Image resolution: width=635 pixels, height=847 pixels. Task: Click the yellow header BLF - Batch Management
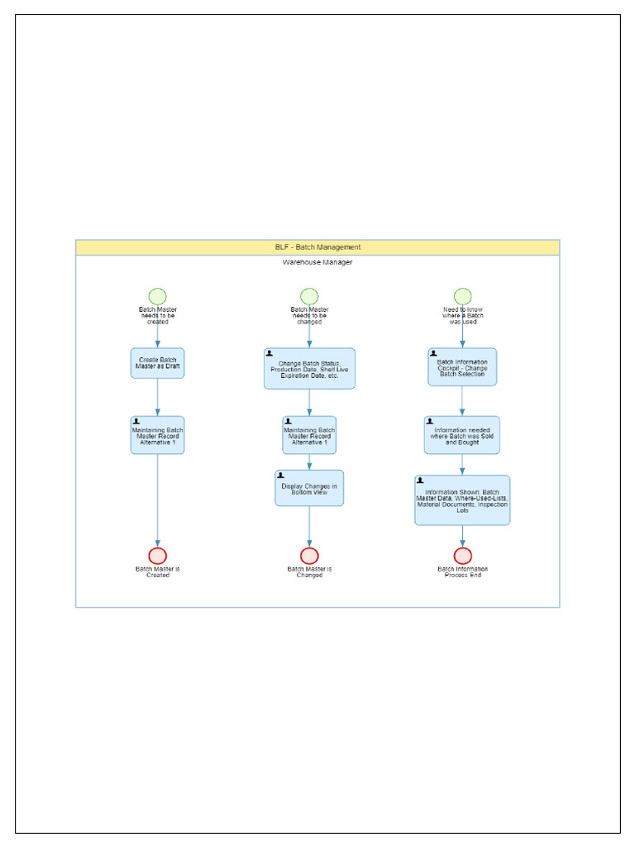coord(317,247)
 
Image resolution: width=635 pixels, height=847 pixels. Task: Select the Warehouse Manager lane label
coord(317,262)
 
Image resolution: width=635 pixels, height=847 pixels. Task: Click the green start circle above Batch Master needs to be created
coord(157,297)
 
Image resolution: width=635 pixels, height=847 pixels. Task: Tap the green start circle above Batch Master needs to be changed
coord(309,297)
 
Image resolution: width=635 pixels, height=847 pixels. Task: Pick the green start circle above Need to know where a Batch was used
coord(462,297)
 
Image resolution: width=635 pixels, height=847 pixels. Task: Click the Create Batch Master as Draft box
coord(157,363)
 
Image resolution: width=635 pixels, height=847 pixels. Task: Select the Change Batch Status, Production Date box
coord(309,368)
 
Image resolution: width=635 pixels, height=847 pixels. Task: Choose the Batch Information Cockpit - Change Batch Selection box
coord(462,367)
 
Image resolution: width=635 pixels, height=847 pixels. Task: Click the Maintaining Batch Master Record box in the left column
coord(157,435)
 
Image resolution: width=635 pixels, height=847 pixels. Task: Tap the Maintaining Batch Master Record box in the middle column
coord(309,435)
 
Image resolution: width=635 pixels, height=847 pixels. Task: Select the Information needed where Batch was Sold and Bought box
coord(462,435)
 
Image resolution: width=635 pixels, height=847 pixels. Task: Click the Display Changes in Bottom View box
coord(309,488)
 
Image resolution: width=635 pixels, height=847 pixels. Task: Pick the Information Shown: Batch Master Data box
coord(462,500)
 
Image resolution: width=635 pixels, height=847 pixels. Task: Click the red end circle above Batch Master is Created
coord(157,556)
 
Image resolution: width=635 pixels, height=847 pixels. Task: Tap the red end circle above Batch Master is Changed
coord(309,556)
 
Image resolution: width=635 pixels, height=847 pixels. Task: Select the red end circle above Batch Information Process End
coord(462,556)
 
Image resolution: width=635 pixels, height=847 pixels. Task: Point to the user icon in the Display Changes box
coord(281,476)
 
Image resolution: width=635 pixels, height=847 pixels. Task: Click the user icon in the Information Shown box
coord(421,480)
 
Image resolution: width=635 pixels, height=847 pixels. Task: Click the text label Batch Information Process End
coord(462,572)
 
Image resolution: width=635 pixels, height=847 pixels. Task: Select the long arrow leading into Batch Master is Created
coord(157,500)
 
